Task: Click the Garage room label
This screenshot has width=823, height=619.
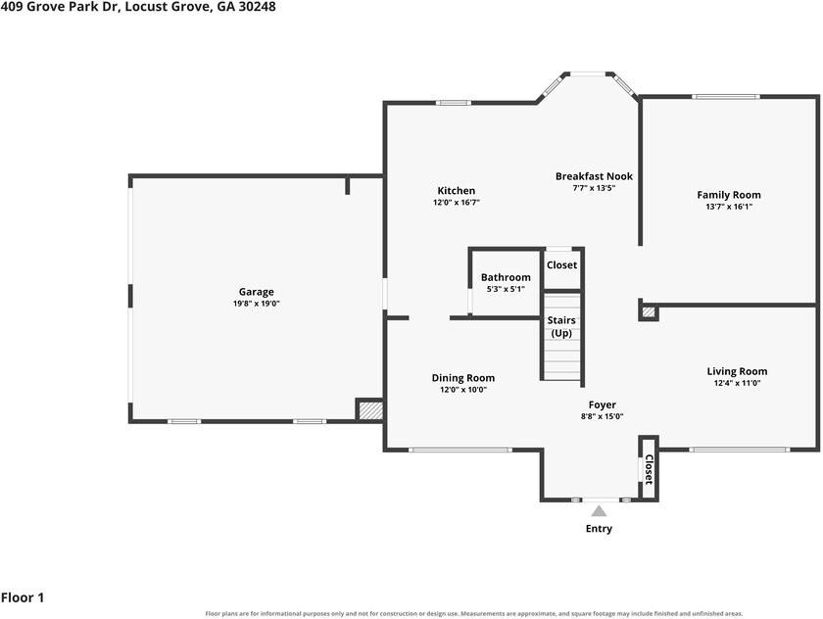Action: point(256,292)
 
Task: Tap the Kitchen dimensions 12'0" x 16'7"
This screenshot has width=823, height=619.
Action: point(457,203)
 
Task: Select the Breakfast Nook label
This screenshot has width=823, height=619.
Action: point(594,176)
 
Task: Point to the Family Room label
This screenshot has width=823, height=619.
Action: point(729,195)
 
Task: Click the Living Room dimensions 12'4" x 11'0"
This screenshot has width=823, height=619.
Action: point(737,383)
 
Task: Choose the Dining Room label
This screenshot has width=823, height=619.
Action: point(462,378)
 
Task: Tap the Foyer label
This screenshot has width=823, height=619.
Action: point(602,405)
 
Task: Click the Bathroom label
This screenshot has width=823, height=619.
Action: point(506,277)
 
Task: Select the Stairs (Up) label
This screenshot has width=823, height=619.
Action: point(561,326)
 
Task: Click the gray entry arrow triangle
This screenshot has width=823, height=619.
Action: point(599,511)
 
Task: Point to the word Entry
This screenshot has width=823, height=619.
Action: point(599,528)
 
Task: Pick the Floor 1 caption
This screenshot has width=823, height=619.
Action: point(23,597)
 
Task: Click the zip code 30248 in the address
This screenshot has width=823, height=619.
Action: point(257,7)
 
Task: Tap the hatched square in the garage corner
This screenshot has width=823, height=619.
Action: point(370,409)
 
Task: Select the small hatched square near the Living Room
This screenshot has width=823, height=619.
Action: point(649,312)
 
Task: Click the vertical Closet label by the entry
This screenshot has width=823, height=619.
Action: point(649,469)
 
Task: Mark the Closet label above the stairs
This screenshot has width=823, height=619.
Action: point(561,264)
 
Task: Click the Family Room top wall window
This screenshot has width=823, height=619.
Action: point(725,97)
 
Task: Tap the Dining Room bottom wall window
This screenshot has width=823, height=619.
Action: point(460,450)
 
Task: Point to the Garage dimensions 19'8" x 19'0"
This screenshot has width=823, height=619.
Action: point(256,304)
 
